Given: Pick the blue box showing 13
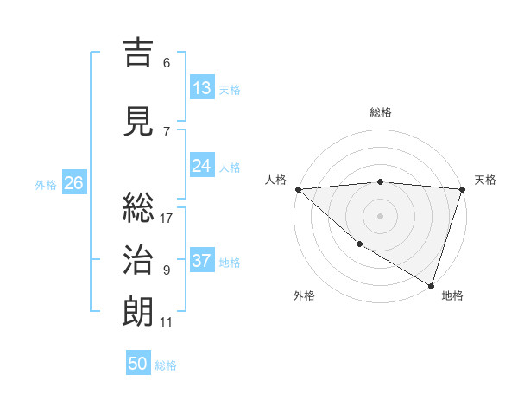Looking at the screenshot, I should click(202, 88).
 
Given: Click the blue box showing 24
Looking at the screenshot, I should click(202, 166).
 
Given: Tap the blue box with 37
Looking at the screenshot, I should click(202, 261).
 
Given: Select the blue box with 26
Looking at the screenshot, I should click(73, 183).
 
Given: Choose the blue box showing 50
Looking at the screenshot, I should click(138, 364).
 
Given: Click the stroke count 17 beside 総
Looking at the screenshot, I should click(167, 219).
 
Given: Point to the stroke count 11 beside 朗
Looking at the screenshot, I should click(167, 322).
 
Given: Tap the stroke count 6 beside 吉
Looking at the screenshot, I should click(167, 63).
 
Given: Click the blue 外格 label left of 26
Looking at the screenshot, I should click(46, 184).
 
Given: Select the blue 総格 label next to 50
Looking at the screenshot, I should click(166, 365).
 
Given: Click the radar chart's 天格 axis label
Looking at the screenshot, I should click(485, 180).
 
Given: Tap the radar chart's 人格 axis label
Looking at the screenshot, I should click(275, 180).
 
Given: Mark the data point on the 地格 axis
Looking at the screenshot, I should click(431, 285).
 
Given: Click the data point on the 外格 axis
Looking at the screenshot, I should click(359, 244).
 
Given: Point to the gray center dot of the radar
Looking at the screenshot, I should click(380, 215).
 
